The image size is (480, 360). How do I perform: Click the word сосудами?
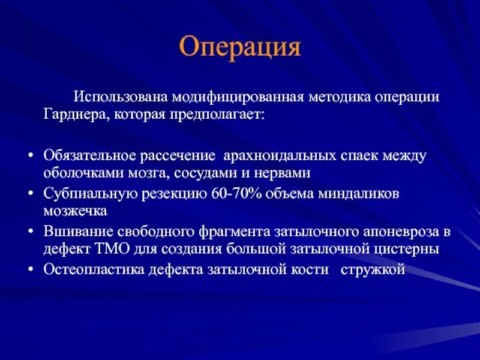click(x=217, y=173)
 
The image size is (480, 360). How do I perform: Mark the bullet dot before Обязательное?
click(x=30, y=157)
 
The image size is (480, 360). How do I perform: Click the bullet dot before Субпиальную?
click(x=30, y=194)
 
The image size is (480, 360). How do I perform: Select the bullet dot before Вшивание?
click(x=30, y=232)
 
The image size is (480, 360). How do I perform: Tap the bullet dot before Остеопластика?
click(x=30, y=270)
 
